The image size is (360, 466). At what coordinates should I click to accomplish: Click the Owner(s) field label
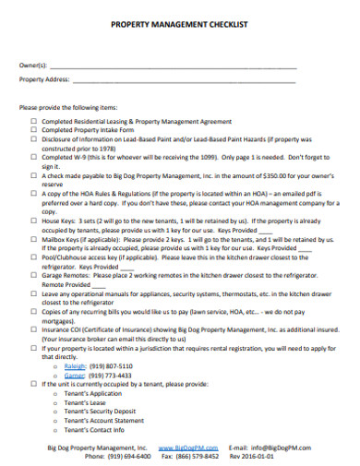pyautogui.click(x=34, y=65)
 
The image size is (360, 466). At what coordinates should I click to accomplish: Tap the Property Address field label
pyautogui.click(x=42, y=80)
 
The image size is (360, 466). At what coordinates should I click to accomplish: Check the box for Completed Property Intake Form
pyautogui.click(x=34, y=130)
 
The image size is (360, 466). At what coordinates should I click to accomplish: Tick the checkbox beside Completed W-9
pyautogui.click(x=34, y=158)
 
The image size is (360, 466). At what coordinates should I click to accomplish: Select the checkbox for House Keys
pyautogui.click(x=34, y=222)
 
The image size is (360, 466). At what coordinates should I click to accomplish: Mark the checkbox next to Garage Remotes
pyautogui.click(x=34, y=274)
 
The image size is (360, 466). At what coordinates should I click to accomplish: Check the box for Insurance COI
pyautogui.click(x=34, y=327)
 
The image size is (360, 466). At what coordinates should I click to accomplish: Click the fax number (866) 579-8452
pyautogui.click(x=198, y=455)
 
